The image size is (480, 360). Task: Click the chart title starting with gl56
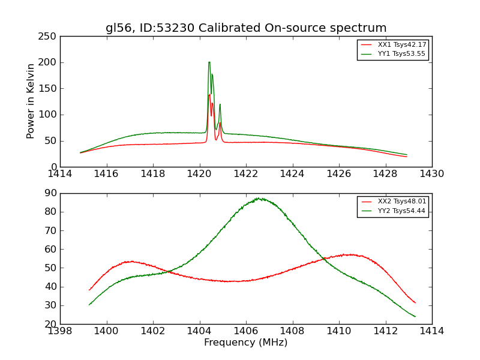tap(246, 28)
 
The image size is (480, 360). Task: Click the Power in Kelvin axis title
tap(31, 101)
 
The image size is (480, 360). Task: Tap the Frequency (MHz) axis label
tap(246, 343)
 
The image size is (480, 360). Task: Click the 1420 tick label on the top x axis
tap(199, 174)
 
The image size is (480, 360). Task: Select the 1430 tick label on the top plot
tap(431, 174)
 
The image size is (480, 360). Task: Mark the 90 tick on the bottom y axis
tap(51, 193)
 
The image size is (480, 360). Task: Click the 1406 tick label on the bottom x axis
tap(246, 331)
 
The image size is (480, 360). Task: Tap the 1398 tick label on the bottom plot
tap(61, 331)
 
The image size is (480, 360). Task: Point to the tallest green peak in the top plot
tap(209, 62)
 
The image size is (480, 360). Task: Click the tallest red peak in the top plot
tap(209, 94)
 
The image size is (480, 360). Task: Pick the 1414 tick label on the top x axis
tap(61, 174)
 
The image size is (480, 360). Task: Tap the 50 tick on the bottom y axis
tap(51, 268)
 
